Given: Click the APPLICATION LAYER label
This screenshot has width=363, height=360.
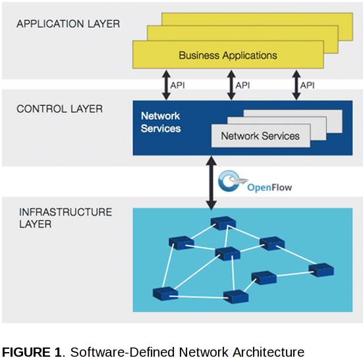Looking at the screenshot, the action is (x=69, y=24).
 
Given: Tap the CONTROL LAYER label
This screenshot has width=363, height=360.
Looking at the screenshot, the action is (x=59, y=109).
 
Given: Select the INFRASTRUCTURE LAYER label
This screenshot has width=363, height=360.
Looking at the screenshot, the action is (x=65, y=218).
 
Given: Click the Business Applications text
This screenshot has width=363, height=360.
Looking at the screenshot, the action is (x=228, y=55).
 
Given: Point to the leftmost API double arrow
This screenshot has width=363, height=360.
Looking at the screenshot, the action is (x=166, y=85).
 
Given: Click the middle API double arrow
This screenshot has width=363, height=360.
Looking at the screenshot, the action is (x=231, y=85).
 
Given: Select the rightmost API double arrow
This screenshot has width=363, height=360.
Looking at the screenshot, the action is (x=296, y=85).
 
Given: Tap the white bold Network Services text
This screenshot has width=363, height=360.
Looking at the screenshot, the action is (x=161, y=122).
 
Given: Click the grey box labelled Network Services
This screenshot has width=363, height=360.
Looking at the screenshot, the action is (x=261, y=136).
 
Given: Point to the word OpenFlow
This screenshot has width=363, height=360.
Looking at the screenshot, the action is (x=269, y=188).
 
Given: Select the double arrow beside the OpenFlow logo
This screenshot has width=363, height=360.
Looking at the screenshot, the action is (x=211, y=183).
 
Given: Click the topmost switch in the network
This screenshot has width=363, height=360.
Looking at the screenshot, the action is (x=223, y=223).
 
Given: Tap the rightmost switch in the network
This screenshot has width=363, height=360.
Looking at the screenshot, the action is (x=321, y=270).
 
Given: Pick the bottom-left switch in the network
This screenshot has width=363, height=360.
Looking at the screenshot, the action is (x=165, y=294).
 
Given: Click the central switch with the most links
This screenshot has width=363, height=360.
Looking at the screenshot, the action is (x=228, y=253).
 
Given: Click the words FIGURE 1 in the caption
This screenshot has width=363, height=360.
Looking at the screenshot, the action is (x=32, y=352).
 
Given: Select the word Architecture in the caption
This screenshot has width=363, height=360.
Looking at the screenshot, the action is (x=269, y=352).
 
